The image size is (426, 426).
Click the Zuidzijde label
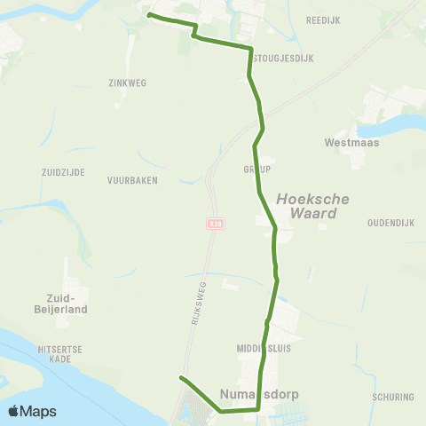(x=63, y=172)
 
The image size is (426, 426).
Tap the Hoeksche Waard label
(x=307, y=207)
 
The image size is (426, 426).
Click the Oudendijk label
(x=391, y=223)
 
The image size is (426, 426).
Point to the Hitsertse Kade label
(x=61, y=355)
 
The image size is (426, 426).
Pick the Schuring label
(x=394, y=398)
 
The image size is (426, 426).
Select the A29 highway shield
(x=214, y=224)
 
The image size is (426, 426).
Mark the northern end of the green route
(x=149, y=15)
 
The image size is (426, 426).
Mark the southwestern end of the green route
(x=181, y=378)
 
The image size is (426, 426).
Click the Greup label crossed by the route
(x=256, y=169)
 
